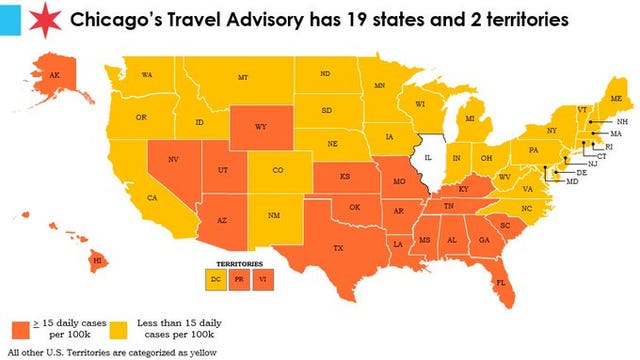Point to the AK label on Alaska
(x=53, y=74)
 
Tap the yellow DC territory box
(x=216, y=279)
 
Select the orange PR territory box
(x=238, y=279)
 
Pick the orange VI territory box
(x=260, y=279)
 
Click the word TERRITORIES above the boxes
(x=238, y=264)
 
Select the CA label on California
(x=153, y=198)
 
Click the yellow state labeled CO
(x=278, y=171)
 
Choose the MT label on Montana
(x=243, y=77)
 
